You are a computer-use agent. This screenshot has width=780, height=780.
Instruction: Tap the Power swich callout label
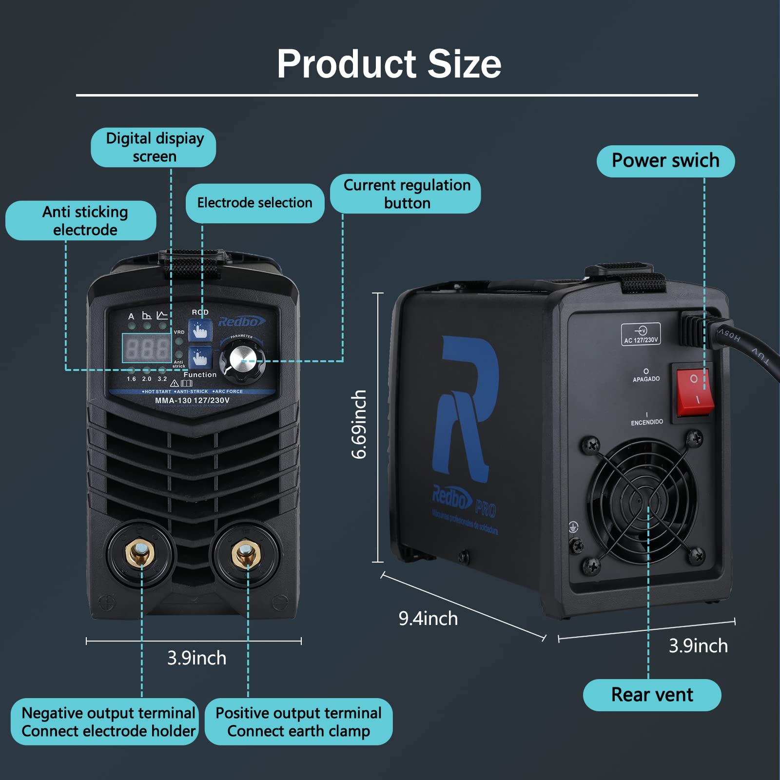(x=665, y=161)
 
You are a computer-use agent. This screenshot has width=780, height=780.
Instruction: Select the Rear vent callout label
(x=652, y=695)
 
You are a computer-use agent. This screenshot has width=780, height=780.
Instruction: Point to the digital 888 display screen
(x=146, y=348)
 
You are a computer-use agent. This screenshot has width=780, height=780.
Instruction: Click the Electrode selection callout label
(x=254, y=203)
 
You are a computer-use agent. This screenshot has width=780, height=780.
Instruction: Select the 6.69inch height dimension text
(x=359, y=424)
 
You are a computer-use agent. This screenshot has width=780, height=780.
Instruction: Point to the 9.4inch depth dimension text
(x=428, y=618)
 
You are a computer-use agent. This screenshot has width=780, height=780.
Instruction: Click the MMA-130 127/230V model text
(x=192, y=400)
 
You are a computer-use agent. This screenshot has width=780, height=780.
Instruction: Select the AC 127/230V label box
(x=641, y=334)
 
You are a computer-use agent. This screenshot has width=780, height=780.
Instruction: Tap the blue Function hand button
(x=200, y=358)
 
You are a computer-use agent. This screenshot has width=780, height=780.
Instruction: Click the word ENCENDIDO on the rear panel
(x=646, y=422)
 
